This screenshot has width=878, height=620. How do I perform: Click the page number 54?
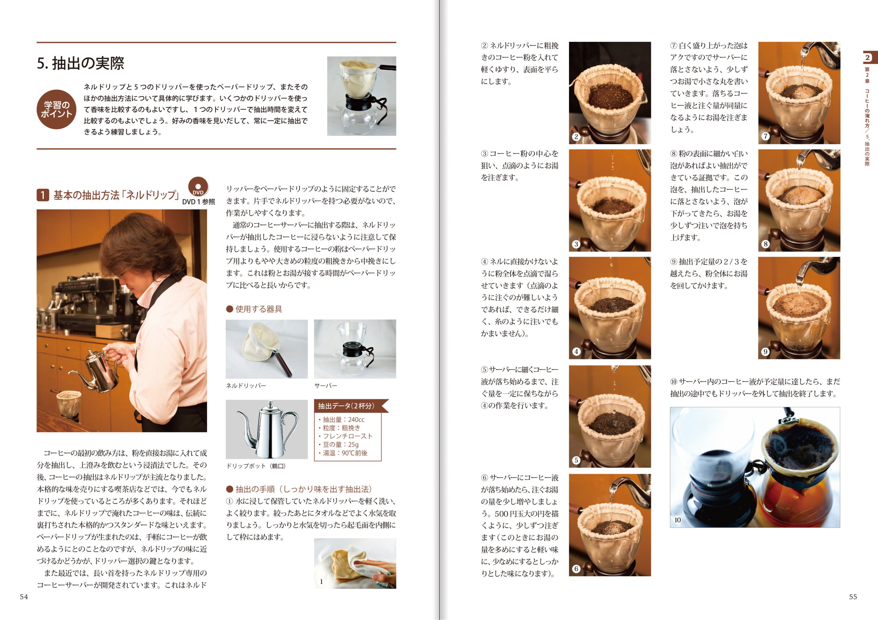pyautogui.click(x=24, y=597)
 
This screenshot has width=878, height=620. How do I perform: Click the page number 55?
pyautogui.click(x=853, y=597)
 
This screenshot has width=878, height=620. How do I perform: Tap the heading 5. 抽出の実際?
pyautogui.click(x=81, y=63)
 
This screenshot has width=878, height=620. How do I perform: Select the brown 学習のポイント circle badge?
pyautogui.click(x=57, y=109)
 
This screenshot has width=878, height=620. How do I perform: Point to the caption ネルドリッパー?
pyautogui.click(x=246, y=386)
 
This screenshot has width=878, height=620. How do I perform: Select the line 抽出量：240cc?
pyautogui.click(x=341, y=420)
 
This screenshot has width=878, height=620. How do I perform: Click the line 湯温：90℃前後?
pyautogui.click(x=343, y=453)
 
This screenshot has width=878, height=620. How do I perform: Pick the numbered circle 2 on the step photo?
pyautogui.click(x=576, y=136)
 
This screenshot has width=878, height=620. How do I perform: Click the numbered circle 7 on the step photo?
pyautogui.click(x=765, y=136)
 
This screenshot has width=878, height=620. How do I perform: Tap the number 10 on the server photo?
pyautogui.click(x=678, y=520)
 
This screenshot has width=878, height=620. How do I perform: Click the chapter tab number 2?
pyautogui.click(x=867, y=58)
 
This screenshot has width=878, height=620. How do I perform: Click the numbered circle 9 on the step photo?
pyautogui.click(x=765, y=351)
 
